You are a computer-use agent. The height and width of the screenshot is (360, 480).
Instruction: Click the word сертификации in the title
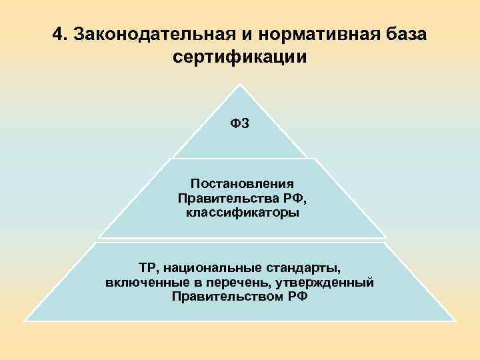(x=239, y=57)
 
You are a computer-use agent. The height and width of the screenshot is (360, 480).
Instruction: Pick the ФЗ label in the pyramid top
(x=240, y=123)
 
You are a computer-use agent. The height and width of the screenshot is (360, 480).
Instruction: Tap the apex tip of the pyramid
(x=239, y=85)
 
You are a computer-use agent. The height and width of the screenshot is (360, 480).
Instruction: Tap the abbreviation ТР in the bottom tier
(x=148, y=267)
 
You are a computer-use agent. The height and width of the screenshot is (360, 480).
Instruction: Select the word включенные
(x=141, y=282)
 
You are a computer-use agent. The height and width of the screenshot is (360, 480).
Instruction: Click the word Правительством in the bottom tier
(x=227, y=297)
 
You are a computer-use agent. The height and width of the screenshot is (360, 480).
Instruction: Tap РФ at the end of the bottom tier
(x=298, y=297)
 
